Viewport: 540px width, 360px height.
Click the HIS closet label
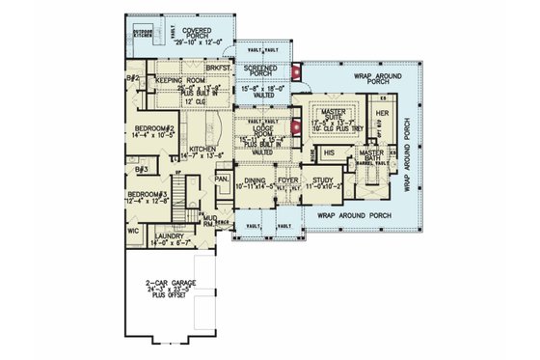coord(328,152)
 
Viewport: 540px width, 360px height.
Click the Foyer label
coord(286,179)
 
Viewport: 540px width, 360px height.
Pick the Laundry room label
coord(167,235)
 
